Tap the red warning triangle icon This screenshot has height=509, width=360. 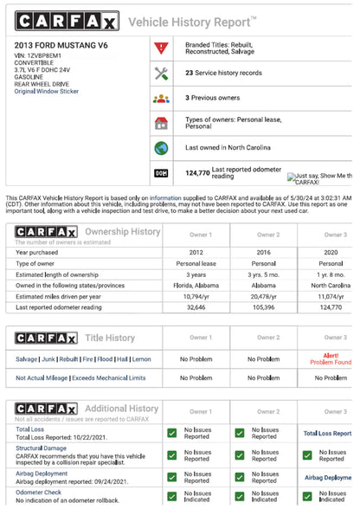[161, 48]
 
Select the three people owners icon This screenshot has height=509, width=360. [161, 98]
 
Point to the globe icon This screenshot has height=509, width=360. [161, 148]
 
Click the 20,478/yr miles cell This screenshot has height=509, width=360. [269, 296]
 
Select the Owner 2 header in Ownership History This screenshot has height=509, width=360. [269, 235]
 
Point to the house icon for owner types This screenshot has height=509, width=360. [161, 123]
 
